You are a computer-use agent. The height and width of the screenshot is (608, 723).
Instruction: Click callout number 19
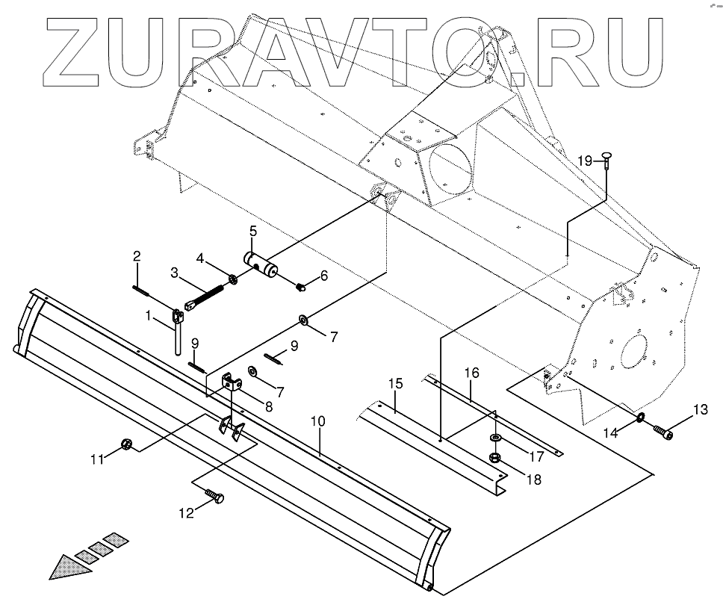585,160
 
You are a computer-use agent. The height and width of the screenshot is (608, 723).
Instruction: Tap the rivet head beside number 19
605,157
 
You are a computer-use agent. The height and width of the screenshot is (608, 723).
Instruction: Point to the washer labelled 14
642,417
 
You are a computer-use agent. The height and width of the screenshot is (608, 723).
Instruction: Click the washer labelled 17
494,438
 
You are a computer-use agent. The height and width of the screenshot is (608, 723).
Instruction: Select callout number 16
471,371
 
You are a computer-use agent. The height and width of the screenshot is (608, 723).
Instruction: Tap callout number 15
396,384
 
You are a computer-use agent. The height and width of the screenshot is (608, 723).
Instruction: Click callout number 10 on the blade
318,421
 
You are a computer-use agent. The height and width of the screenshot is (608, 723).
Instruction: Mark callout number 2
137,257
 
